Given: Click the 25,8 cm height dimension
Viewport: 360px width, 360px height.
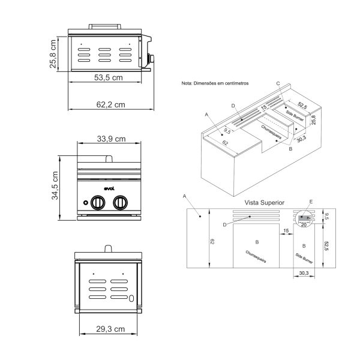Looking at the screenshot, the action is pyautogui.click(x=53, y=54).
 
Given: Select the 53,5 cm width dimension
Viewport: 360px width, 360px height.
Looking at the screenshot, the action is pyautogui.click(x=109, y=77).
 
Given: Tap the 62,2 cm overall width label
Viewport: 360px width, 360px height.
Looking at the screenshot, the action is pyautogui.click(x=110, y=104).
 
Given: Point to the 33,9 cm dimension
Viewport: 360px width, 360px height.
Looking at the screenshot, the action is pyautogui.click(x=111, y=139).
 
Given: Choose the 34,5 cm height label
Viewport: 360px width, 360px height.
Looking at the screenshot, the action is pyautogui.click(x=55, y=185).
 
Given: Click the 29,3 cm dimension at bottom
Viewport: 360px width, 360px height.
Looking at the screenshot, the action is pyautogui.click(x=110, y=329).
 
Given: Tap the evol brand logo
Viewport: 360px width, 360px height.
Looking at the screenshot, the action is pyautogui.click(x=109, y=189).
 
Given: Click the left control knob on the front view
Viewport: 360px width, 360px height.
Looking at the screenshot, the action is pyautogui.click(x=98, y=203).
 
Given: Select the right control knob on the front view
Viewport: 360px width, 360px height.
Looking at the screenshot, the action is pyautogui.click(x=121, y=203).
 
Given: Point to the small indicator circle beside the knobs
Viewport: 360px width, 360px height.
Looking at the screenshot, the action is pyautogui.click(x=85, y=203).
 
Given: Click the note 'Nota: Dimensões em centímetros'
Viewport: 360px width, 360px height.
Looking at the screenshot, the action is pyautogui.click(x=215, y=83).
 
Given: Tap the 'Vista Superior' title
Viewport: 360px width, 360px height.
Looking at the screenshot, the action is pyautogui.click(x=264, y=203).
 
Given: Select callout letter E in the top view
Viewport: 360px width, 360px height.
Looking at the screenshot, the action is pyautogui.click(x=311, y=202).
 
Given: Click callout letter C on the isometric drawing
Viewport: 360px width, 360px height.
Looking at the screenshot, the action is pyautogui.click(x=278, y=83).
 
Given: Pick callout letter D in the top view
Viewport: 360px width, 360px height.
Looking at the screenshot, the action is pyautogui.click(x=225, y=225).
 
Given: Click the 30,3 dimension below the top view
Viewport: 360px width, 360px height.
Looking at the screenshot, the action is pyautogui.click(x=304, y=273).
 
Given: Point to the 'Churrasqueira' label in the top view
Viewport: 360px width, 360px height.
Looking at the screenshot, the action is pyautogui.click(x=256, y=257).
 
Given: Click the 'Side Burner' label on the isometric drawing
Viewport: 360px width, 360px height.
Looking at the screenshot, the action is pyautogui.click(x=295, y=116).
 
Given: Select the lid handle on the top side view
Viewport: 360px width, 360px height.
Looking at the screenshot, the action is pyautogui.click(x=105, y=26).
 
